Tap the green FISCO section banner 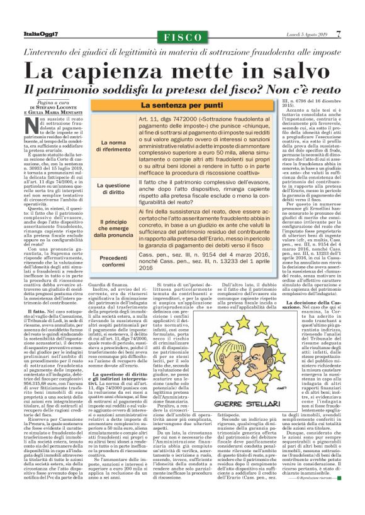pyautogui.click(x=182, y=35)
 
